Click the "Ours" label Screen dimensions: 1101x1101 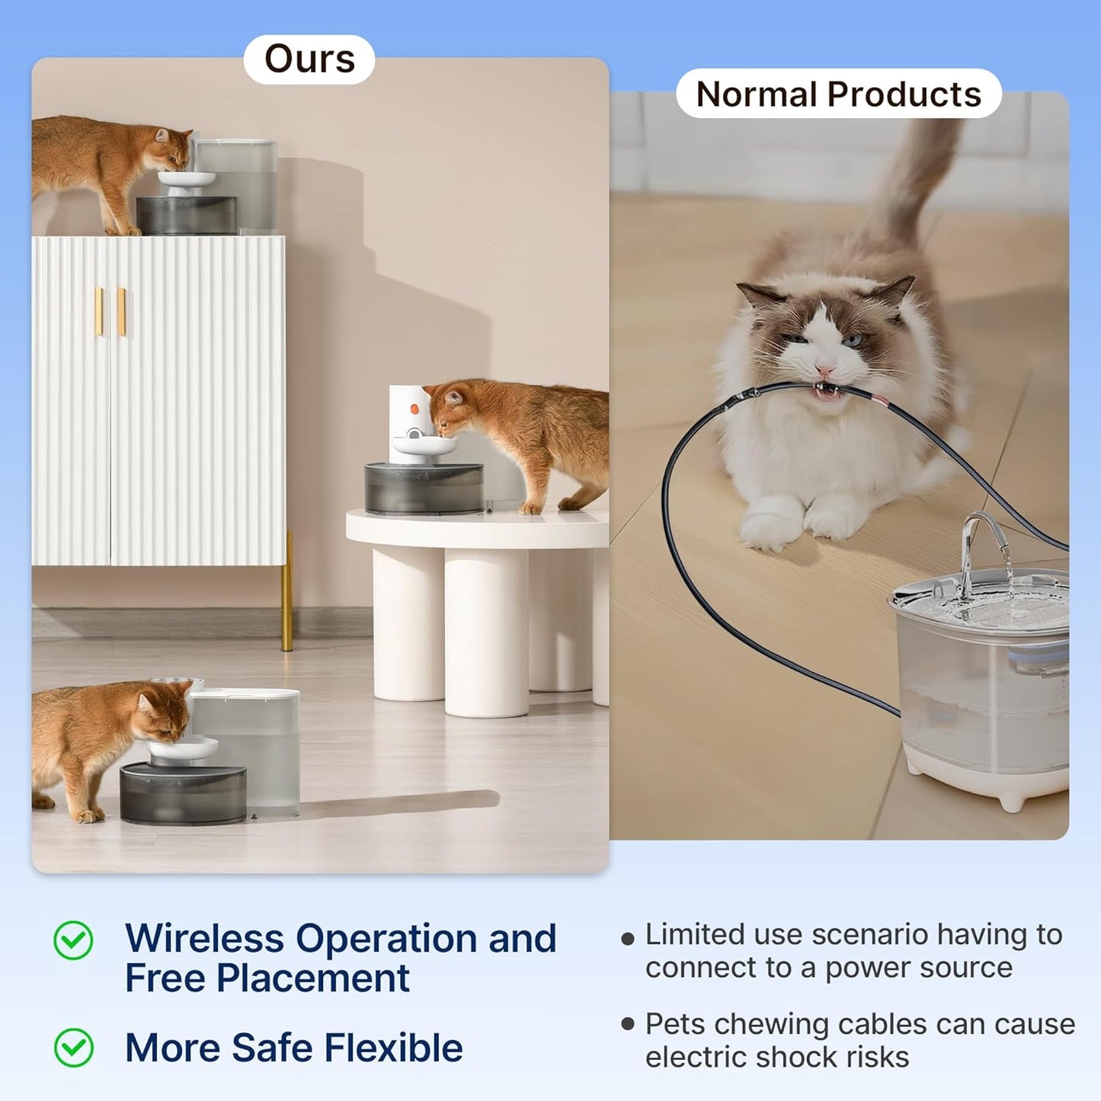pyautogui.click(x=309, y=59)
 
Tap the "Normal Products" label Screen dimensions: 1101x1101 pyautogui.click(x=838, y=94)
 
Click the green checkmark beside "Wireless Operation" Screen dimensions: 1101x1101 pyautogui.click(x=73, y=939)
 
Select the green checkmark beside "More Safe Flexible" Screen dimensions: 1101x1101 pyautogui.click(x=73, y=1048)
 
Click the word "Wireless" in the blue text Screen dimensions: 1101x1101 pyautogui.click(x=204, y=939)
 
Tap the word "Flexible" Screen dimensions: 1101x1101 pyautogui.click(x=393, y=1048)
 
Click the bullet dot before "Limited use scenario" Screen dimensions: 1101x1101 pyautogui.click(x=628, y=939)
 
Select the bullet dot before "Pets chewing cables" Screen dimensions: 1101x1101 pyautogui.click(x=628, y=1024)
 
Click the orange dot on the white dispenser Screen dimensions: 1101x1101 pyautogui.click(x=414, y=409)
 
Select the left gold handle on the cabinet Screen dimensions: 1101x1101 pyautogui.click(x=99, y=311)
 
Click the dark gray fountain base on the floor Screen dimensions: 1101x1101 pyautogui.click(x=183, y=794)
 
